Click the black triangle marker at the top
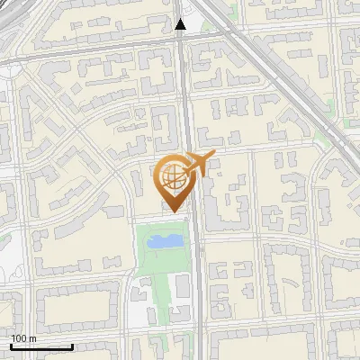pyautogui.click(x=181, y=25)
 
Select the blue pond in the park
pyautogui.click(x=162, y=241)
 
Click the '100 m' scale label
pyautogui.click(x=23, y=338)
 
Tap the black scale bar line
pyautogui.click(x=41, y=346)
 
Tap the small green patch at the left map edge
pyautogui.click(x=4, y=238)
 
